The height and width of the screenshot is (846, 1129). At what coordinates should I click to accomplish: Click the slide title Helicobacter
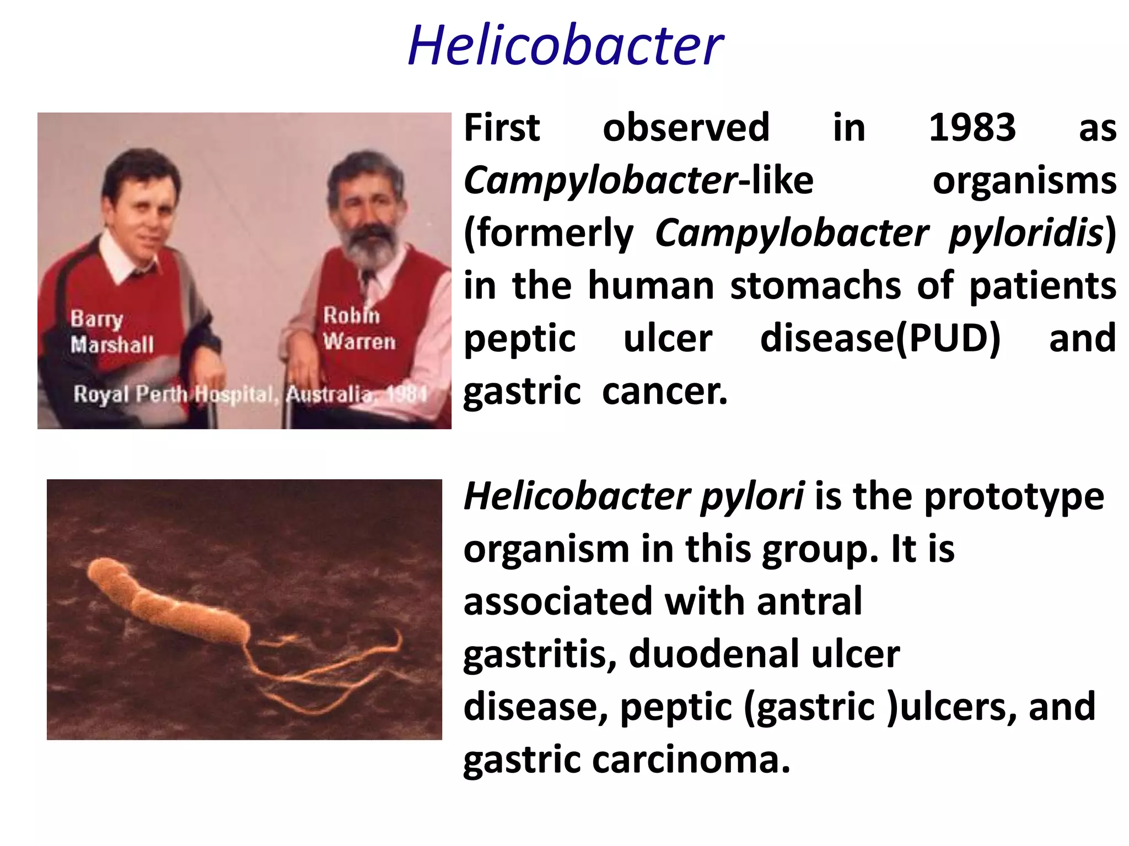click(x=566, y=45)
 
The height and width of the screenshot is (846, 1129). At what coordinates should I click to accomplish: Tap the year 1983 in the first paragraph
click(x=972, y=128)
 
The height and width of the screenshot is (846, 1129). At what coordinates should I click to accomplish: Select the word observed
click(x=686, y=128)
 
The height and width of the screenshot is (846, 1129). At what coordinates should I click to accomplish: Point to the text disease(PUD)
click(x=880, y=338)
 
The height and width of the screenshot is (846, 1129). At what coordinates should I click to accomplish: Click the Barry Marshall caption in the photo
click(x=112, y=332)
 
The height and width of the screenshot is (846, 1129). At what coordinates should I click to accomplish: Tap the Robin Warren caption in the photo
click(x=359, y=329)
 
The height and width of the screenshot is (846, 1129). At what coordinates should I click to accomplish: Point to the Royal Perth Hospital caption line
click(x=250, y=394)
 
